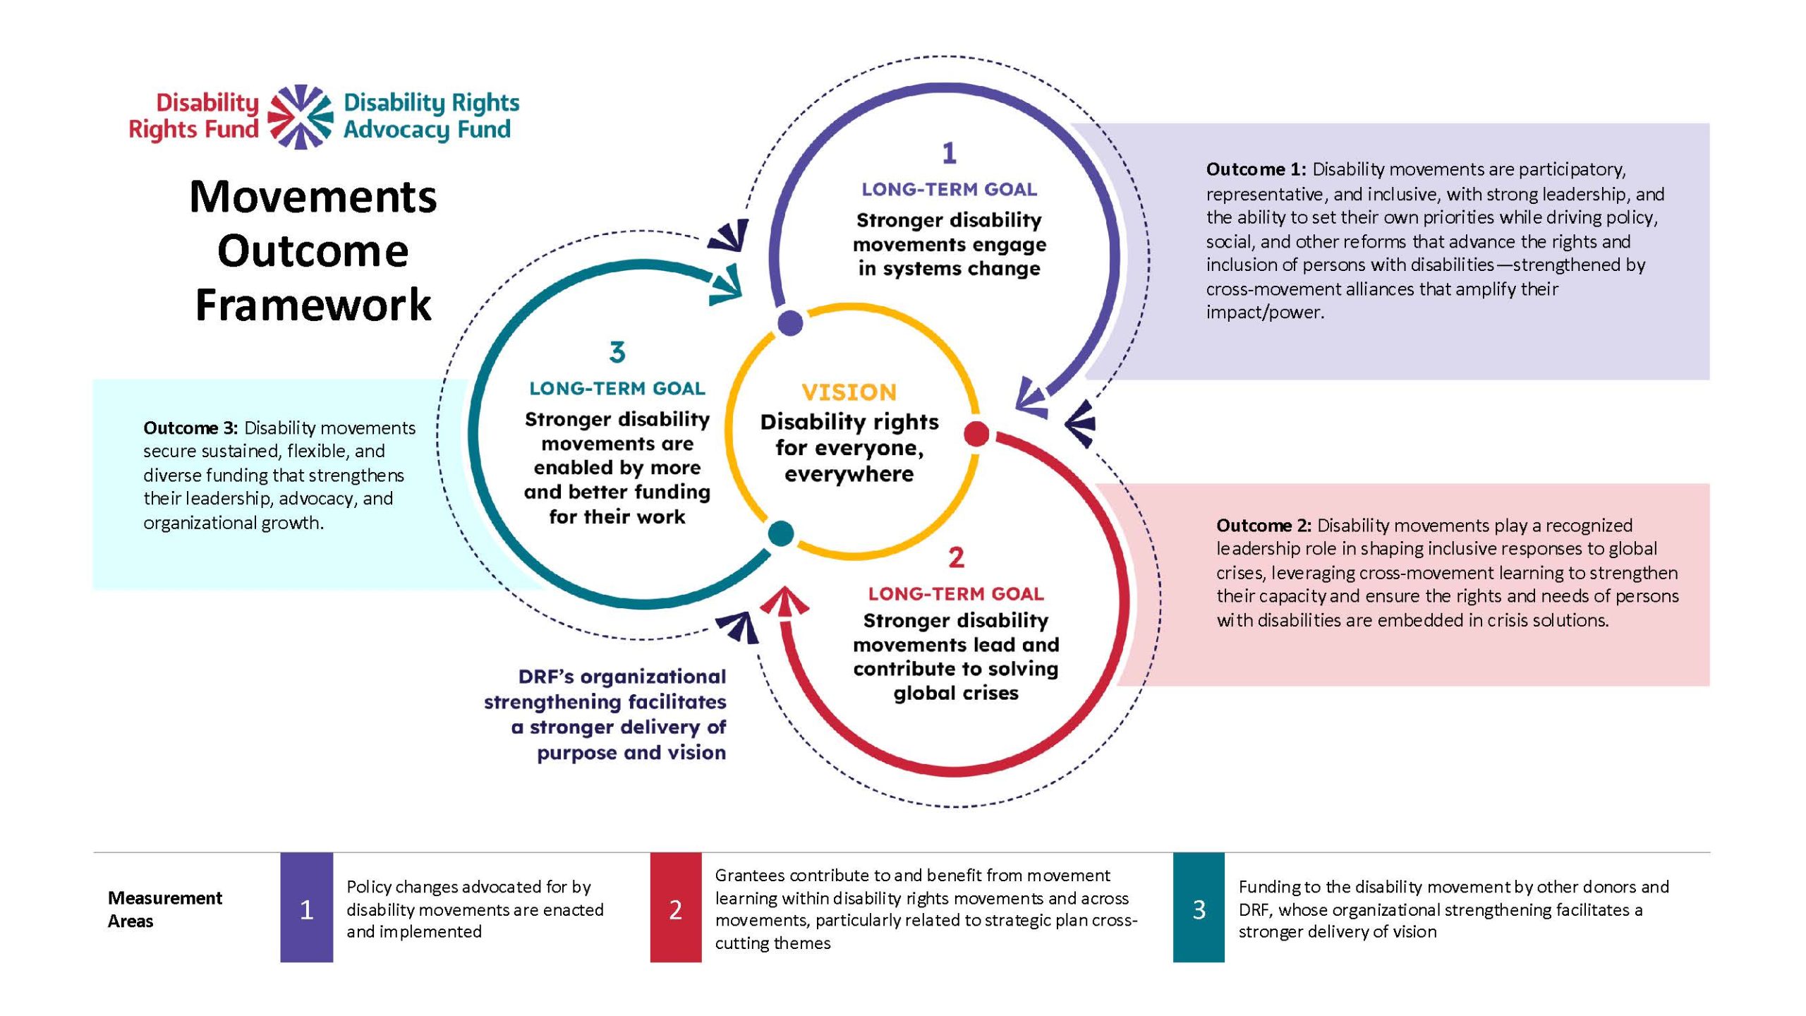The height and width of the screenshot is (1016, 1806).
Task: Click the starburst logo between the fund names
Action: (301, 116)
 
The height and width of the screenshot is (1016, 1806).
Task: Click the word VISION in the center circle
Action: (849, 392)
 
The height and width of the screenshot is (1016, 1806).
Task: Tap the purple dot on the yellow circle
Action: (790, 322)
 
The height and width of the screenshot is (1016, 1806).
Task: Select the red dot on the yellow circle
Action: (976, 433)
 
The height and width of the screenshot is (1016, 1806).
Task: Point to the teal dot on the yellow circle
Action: (780, 533)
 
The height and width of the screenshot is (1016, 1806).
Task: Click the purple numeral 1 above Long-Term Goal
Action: (949, 153)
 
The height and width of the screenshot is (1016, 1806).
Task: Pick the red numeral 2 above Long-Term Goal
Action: (956, 558)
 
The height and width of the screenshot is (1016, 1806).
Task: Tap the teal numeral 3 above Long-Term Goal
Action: (617, 352)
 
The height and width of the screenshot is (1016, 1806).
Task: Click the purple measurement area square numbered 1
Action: (307, 908)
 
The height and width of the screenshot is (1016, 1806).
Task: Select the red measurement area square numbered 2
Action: (676, 908)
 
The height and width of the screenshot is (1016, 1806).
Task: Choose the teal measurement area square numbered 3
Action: (1199, 908)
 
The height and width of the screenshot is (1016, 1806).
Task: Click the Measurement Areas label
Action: (164, 909)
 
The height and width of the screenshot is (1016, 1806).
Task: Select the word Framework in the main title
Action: (313, 305)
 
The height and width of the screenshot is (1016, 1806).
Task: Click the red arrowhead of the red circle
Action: (784, 602)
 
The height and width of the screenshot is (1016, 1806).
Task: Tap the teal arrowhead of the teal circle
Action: (727, 285)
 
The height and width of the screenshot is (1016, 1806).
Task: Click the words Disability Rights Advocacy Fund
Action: (431, 116)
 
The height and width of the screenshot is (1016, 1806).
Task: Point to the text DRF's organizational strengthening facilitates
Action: (605, 689)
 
